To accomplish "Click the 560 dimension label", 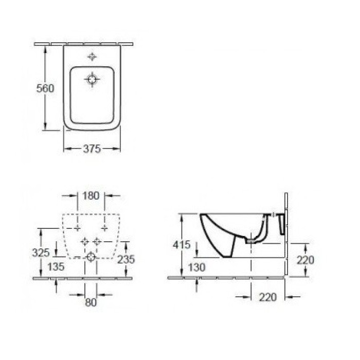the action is click(45, 88).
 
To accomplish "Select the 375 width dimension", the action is click(92, 149).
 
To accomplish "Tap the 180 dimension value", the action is click(91, 196).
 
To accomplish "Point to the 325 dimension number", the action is click(41, 253).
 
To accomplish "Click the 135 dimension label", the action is click(56, 267).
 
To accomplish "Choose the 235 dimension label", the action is click(126, 259).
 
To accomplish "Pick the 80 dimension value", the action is click(91, 302).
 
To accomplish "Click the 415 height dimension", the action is click(182, 245).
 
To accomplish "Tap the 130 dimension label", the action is click(196, 267).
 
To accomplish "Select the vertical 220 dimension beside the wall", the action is click(305, 260).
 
